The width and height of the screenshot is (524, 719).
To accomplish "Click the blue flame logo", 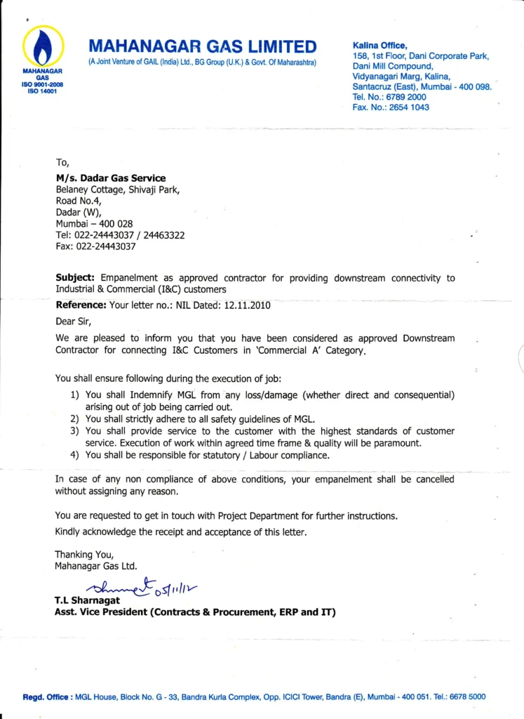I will pos(43,46).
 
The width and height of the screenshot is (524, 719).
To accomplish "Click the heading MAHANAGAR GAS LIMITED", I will pos(202,46).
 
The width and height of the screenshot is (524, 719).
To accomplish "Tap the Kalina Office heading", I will pos(379,46).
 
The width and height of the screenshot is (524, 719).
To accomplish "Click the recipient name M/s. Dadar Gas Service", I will pos(111,178).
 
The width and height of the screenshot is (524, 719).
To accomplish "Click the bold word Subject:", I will pos(76,278).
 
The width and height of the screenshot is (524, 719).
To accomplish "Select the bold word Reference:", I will pos(81,305).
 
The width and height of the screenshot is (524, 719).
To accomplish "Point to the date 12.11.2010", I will pos(247,305).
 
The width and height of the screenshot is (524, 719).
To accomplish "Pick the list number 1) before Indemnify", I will pos(75,395).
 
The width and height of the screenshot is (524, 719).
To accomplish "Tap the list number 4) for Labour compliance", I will pos(75,455).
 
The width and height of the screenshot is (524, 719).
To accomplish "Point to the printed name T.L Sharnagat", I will pos(88,601).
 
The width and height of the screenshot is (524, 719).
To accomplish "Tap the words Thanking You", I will pos(84,554).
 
